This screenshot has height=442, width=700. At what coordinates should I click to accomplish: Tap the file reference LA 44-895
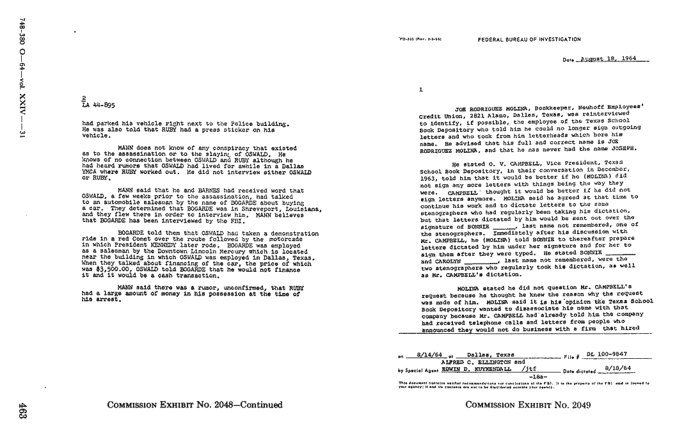99,106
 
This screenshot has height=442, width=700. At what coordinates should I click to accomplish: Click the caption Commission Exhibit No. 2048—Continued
195,405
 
